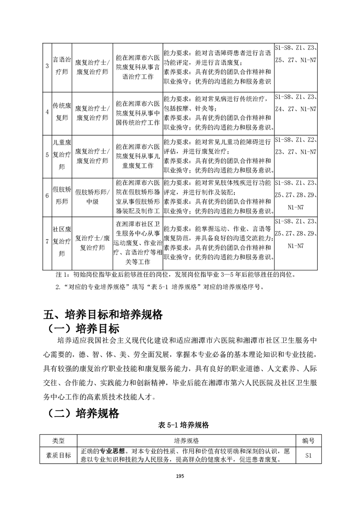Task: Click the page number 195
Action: [180, 476]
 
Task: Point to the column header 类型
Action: [59, 440]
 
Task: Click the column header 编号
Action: [309, 440]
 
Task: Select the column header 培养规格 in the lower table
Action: [186, 440]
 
